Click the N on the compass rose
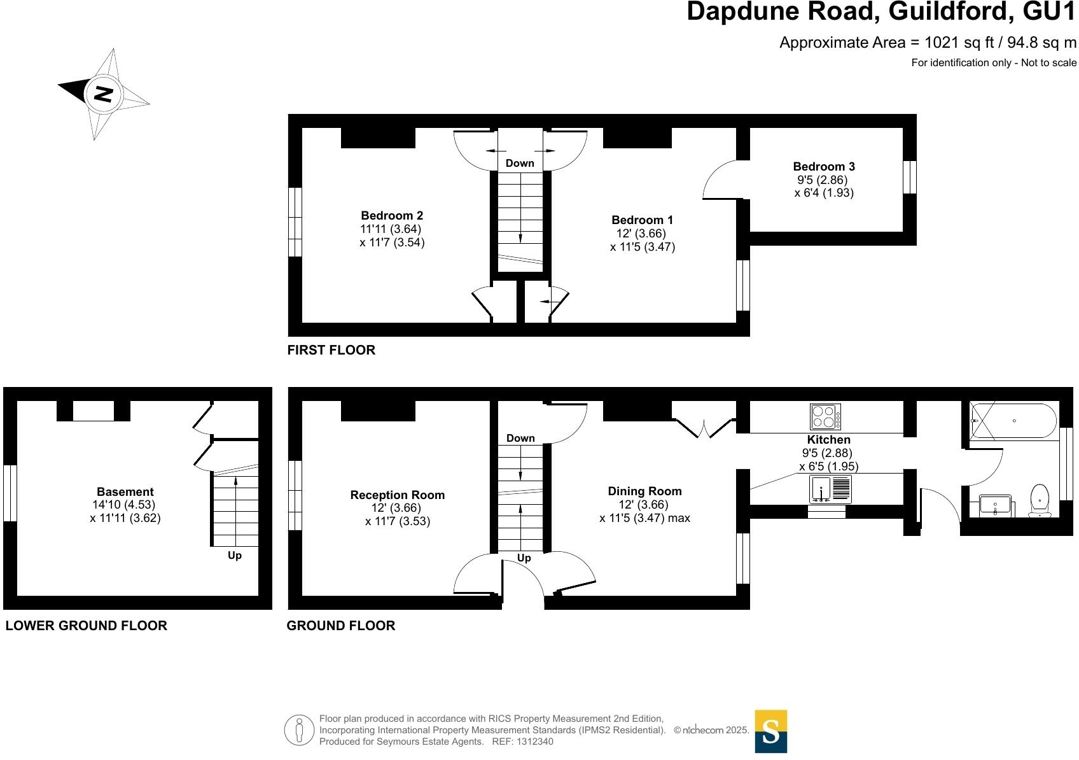pos(103,94)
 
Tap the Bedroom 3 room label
pos(824,167)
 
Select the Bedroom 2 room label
pos(392,216)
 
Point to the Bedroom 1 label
pos(642,220)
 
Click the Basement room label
pos(125,492)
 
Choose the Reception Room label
pos(397,495)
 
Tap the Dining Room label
pos(644,491)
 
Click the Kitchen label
pos(828,440)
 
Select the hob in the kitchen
pos(825,417)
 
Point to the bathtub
pos(1013,421)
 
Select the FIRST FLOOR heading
pos(331,350)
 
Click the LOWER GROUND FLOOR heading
pos(86,626)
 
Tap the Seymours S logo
pos(770,731)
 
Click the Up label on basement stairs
pos(235,556)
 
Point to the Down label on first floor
pos(520,164)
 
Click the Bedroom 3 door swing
pos(719,181)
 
